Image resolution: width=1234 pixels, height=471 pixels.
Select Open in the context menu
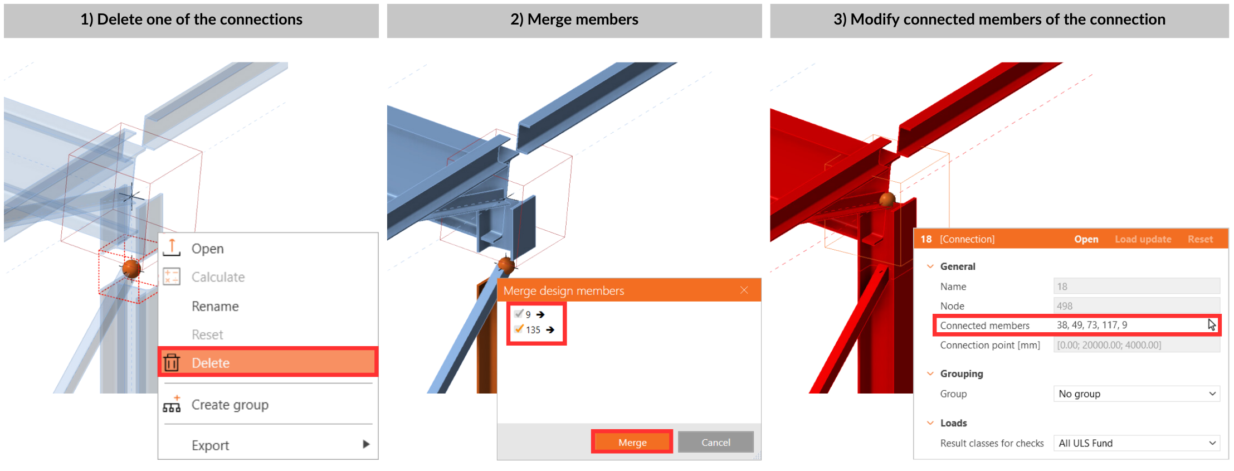207,249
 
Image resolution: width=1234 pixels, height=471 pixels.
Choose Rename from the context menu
215,306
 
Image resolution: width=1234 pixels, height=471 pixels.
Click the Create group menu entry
230,405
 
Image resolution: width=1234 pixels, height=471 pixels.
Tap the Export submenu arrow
366,444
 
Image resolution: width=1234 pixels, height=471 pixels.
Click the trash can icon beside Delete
172,362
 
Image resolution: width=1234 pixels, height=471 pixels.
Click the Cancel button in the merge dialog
715,442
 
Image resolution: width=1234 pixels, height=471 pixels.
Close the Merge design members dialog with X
744,290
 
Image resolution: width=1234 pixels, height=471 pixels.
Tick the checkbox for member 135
519,329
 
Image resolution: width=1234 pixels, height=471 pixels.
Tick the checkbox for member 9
519,314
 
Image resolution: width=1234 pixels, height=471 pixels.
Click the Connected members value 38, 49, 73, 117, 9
1092,325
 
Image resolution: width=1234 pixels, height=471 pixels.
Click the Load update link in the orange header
1143,239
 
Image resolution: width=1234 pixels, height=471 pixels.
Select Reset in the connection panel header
1200,239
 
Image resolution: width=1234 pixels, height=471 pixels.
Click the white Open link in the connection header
1086,239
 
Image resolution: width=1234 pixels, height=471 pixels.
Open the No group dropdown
1137,394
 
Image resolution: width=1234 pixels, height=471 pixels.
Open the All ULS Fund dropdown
1137,443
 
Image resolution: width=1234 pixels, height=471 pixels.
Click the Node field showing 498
1137,305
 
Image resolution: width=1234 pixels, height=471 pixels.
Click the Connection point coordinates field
1137,345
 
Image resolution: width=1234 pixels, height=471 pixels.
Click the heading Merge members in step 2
574,20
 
